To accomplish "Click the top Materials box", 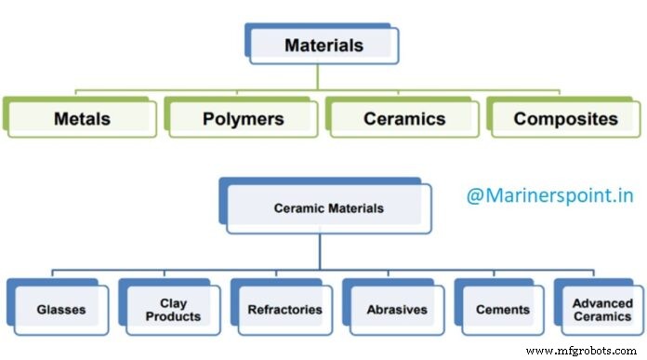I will coord(324,45).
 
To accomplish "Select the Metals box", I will coord(82,119).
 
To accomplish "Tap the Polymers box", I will coord(243,119).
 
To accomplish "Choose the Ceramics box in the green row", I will coord(404,119).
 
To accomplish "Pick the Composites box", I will coord(565,119).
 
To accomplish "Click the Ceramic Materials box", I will coord(328,207).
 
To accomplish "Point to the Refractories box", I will coord(284,310).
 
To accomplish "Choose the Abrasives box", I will coord(396,310).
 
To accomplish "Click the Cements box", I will coord(508,310).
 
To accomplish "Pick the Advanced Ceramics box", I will coord(601,310).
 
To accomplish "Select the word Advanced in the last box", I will coord(601,303).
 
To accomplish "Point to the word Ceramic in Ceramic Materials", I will coord(297,207).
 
